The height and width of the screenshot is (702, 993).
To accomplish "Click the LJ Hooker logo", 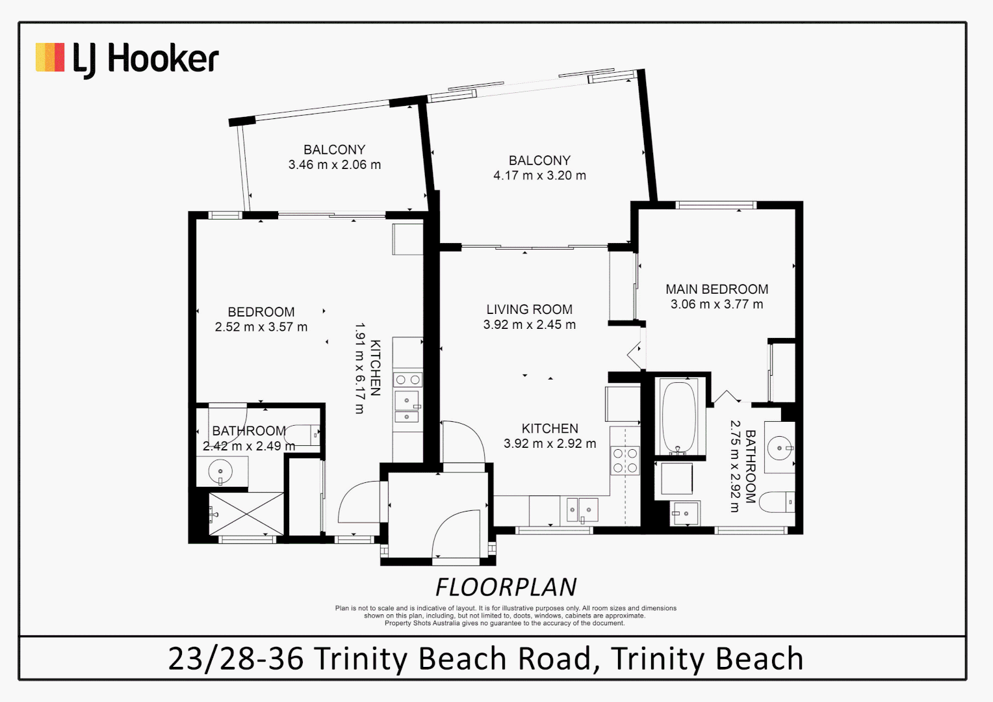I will click(x=127, y=58).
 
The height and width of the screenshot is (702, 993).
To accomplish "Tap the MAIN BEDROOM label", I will click(x=717, y=289).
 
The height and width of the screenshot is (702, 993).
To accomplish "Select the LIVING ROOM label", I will click(x=529, y=309).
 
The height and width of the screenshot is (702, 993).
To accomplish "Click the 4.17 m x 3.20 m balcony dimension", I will click(x=539, y=175).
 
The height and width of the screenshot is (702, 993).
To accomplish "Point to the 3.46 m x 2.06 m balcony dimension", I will click(x=335, y=165).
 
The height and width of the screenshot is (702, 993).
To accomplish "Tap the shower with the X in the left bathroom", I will click(x=246, y=513).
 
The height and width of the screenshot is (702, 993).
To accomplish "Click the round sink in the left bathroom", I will click(x=221, y=471).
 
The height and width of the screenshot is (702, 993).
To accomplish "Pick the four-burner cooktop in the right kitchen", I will click(x=625, y=460).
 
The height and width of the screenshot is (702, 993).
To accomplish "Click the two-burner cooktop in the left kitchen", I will click(x=407, y=380).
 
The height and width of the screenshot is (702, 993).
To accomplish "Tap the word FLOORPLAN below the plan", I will click(x=506, y=588).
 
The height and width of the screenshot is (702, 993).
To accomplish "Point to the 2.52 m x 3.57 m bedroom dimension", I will click(x=261, y=327).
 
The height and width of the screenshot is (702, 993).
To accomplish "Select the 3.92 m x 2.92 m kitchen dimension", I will click(x=550, y=444).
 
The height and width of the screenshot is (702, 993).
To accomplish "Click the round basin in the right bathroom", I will click(x=779, y=448).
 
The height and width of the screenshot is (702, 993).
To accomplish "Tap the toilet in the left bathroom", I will click(x=303, y=434).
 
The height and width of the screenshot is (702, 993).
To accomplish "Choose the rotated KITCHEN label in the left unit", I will click(x=375, y=368).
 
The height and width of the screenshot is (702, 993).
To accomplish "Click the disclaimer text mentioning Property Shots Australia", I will click(x=504, y=623).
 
